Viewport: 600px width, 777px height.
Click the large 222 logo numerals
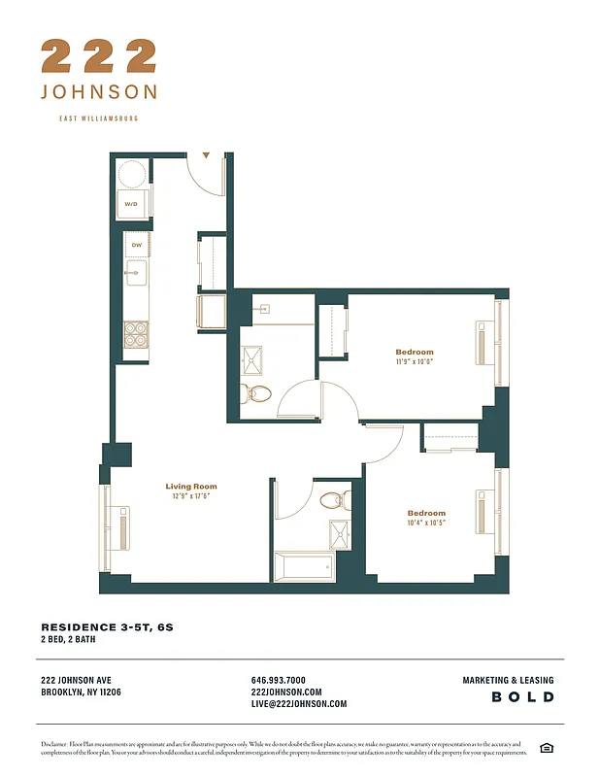pyautogui.click(x=98, y=56)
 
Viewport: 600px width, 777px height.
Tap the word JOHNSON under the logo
pyautogui.click(x=98, y=92)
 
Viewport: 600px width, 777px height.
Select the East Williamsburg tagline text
pyautogui.click(x=98, y=118)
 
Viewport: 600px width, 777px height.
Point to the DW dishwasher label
pyautogui.click(x=137, y=245)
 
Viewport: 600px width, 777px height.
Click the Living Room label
pyautogui.click(x=191, y=487)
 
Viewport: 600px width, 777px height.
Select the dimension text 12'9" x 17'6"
pyautogui.click(x=191, y=496)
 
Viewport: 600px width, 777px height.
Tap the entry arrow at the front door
pyautogui.click(x=206, y=154)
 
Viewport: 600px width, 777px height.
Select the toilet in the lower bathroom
pyautogui.click(x=331, y=501)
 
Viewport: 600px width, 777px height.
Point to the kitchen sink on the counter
pyautogui.click(x=136, y=273)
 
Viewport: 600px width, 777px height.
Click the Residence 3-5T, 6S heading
pyautogui.click(x=107, y=627)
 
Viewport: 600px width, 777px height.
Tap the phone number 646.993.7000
pyautogui.click(x=278, y=680)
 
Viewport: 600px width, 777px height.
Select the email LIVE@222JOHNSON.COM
pyautogui.click(x=298, y=704)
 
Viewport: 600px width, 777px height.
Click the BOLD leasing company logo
pyautogui.click(x=522, y=697)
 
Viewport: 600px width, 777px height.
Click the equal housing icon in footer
pyautogui.click(x=546, y=747)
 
